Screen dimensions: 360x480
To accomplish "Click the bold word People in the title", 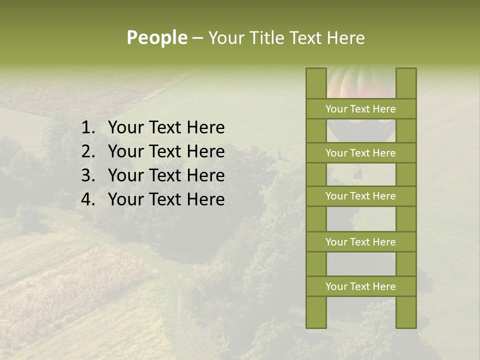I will pos(157,38).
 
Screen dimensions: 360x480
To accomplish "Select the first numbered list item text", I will pos(166,128).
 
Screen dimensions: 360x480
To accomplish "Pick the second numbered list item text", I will pos(166,151).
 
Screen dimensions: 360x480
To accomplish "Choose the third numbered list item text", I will pos(166,175).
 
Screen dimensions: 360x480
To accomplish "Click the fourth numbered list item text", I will pos(166,199).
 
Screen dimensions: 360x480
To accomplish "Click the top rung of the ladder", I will pos(360,109).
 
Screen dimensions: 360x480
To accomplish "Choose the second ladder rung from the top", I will pos(360,153).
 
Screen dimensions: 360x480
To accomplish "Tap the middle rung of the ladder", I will pos(360,196).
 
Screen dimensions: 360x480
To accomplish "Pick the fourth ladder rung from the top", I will pos(360,242).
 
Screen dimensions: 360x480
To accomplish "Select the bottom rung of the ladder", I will pos(360,286).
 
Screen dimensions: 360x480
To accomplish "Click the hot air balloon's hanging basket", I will pos(357,173).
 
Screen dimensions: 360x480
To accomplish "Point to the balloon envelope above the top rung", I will pos(361,83).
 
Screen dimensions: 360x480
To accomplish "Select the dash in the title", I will pos(197,38).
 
